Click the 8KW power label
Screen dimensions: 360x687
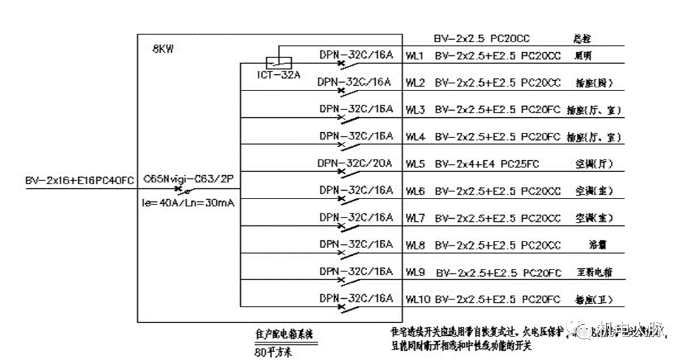163,49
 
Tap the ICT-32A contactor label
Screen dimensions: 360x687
278,75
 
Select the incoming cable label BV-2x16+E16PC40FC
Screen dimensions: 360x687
79,179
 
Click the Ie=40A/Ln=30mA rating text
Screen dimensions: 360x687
188,202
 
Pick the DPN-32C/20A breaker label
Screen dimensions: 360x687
356,163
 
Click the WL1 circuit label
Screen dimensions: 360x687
415,56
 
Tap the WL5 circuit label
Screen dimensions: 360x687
415,163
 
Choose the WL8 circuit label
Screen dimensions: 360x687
415,245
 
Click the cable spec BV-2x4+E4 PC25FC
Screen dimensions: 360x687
487,163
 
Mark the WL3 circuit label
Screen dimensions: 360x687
415,110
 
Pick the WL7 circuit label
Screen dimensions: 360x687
415,217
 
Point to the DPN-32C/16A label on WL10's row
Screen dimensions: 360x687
356,298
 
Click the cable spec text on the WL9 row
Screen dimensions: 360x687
498,272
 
